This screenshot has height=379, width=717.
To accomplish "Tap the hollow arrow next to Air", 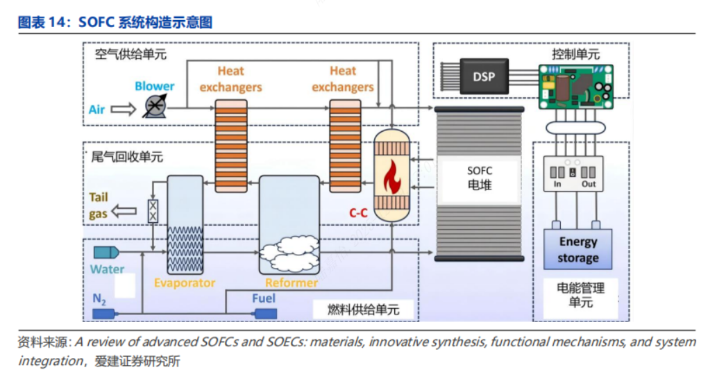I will click(x=124, y=109).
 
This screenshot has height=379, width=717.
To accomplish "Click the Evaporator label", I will click(x=185, y=283).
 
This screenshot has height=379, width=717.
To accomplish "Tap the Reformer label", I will click(x=292, y=283).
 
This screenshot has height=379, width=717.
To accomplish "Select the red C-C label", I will click(x=358, y=213).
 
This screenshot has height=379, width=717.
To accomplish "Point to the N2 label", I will click(x=100, y=298).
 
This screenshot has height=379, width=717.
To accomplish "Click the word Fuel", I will click(x=264, y=298).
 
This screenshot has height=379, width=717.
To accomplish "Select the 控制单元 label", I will click(x=575, y=54).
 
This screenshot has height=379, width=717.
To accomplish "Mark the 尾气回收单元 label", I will click(x=128, y=157).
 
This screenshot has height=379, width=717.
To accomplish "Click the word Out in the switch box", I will click(x=589, y=184).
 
